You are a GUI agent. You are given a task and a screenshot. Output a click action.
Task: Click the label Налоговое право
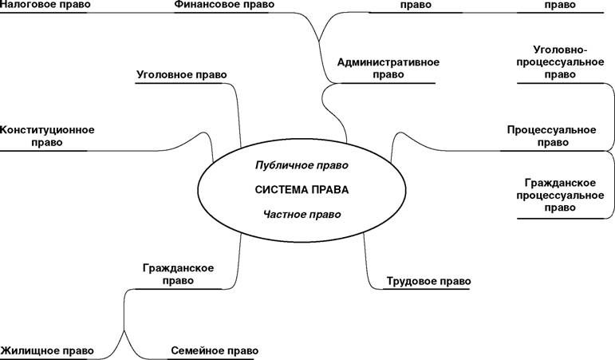pos(45,4)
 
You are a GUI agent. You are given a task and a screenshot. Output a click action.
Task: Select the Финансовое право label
pos(224,4)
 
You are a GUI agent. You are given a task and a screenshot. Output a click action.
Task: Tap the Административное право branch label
pos(388,69)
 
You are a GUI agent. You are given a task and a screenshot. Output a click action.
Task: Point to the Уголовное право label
pos(182,74)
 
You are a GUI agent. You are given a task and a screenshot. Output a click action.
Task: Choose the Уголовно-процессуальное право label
pos(560,62)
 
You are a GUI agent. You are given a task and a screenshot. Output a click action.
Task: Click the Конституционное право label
pos(47,136)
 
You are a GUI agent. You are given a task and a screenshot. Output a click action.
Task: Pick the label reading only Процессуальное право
pos(551,136)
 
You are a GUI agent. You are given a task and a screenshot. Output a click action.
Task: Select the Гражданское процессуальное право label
pos(560,195)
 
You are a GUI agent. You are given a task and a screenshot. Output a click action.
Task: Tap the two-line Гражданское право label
pos(178,275)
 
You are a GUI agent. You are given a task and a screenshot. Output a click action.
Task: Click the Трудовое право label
pos(428,281)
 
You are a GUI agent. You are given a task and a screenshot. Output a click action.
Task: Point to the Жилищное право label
pos(47,350)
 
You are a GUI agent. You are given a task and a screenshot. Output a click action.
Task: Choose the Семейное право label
pos(215,350)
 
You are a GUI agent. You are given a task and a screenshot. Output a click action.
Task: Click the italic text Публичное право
pos(302,165)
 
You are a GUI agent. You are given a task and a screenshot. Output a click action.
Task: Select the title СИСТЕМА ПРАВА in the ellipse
pos(302,190)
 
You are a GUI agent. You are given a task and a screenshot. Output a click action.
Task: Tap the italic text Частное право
pos(302,215)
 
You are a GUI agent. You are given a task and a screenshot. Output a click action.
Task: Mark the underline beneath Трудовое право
pos(426,289)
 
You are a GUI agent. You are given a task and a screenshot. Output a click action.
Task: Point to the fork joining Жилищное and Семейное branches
pos(124,330)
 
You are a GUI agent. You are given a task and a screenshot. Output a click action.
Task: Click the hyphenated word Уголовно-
pos(560,50)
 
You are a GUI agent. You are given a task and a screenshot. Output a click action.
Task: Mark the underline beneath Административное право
pos(386,83)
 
